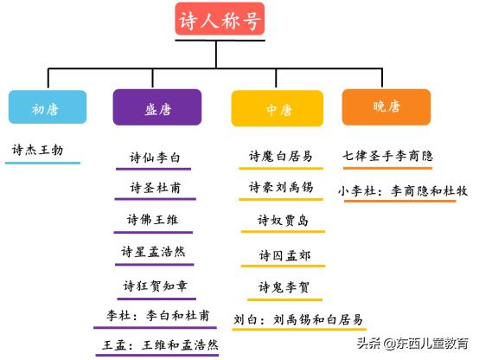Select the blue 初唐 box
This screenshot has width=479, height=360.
pos(48,108)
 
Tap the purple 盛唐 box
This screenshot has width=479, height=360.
pos(156,108)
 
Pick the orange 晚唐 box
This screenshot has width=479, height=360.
pos(386,106)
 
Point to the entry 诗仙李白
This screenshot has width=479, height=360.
pos(155,157)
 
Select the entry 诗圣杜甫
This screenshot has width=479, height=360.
pos(156,188)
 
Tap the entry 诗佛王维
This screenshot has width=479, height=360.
pos(153,220)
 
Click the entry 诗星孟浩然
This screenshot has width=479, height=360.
pos(153,252)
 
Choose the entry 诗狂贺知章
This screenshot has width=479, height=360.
pos(154,285)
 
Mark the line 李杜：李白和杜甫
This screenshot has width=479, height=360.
pos(153,316)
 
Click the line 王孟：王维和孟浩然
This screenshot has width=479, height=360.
pos(156,344)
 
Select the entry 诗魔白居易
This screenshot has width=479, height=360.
pos(281,156)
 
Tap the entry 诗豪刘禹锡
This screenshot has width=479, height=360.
pos(281,187)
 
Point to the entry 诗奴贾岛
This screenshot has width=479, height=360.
pos(283,221)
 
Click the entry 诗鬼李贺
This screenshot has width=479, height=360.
pos(283,286)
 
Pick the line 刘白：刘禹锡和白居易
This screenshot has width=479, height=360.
pos(298,318)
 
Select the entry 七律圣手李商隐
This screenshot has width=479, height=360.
pos(387,156)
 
